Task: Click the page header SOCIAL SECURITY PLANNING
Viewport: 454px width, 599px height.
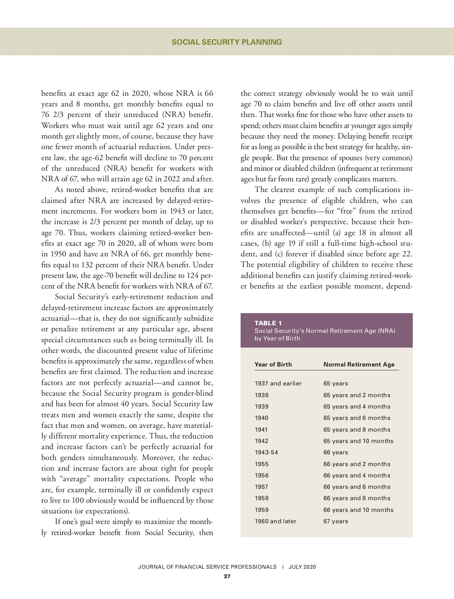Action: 227,42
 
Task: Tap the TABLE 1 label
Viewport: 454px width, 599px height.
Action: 268,323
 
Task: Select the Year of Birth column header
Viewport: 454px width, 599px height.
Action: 273,364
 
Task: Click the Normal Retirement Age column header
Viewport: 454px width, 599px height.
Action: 359,364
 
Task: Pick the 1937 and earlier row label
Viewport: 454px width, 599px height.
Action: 278,384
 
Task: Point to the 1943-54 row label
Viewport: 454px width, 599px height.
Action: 266,452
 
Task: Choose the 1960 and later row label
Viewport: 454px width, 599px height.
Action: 275,521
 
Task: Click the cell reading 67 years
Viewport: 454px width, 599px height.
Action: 336,521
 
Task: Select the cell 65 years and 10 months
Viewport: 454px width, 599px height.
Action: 358,441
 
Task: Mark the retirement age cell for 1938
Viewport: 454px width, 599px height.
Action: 357,395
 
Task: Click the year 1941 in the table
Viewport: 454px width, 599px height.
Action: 261,430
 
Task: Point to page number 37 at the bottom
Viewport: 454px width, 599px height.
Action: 227,577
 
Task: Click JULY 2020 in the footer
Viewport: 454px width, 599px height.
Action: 302,567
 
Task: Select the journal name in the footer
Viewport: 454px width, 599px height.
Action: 207,567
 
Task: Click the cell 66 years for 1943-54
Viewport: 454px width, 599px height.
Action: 336,452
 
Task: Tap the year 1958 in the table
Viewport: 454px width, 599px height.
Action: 261,498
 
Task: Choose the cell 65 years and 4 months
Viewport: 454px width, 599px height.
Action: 357,407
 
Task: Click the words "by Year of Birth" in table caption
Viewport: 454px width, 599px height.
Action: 277,338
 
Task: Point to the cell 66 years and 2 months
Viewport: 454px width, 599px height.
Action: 357,464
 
